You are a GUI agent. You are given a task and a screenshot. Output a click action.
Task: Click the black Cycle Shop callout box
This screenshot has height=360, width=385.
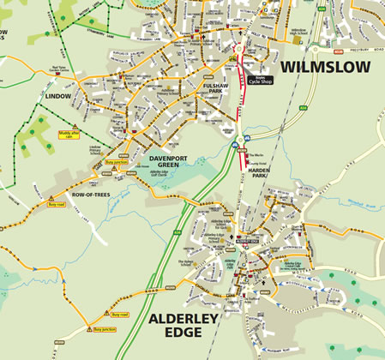[x=260, y=79]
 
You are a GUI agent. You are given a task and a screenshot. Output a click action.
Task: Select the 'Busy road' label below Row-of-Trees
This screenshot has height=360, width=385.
[x=57, y=205]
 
